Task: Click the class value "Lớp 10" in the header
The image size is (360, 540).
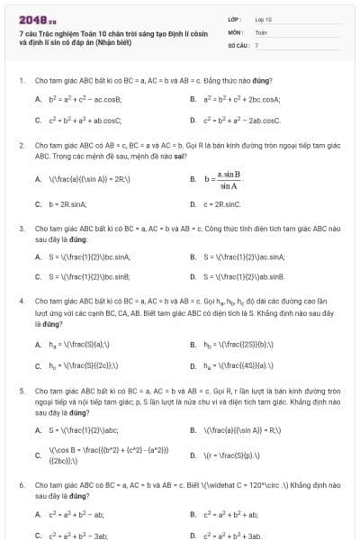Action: point(263,18)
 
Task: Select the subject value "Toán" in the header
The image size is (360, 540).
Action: point(261,31)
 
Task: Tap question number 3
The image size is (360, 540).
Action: point(21,229)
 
